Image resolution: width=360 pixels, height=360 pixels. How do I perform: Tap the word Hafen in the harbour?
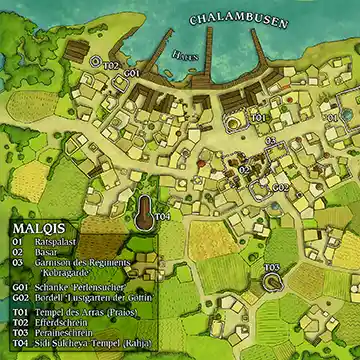[184, 55]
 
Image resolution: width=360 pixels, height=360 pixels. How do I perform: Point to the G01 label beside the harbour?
[132, 73]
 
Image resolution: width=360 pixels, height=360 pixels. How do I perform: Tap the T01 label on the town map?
[259, 118]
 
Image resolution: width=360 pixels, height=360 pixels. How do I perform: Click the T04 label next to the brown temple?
[163, 216]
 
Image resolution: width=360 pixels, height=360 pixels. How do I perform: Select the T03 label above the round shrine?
[271, 267]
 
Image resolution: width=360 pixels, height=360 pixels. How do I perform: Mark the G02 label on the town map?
[281, 187]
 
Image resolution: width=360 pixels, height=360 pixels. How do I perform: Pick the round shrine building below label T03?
[272, 284]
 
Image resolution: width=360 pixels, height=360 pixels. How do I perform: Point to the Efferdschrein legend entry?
[63, 322]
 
